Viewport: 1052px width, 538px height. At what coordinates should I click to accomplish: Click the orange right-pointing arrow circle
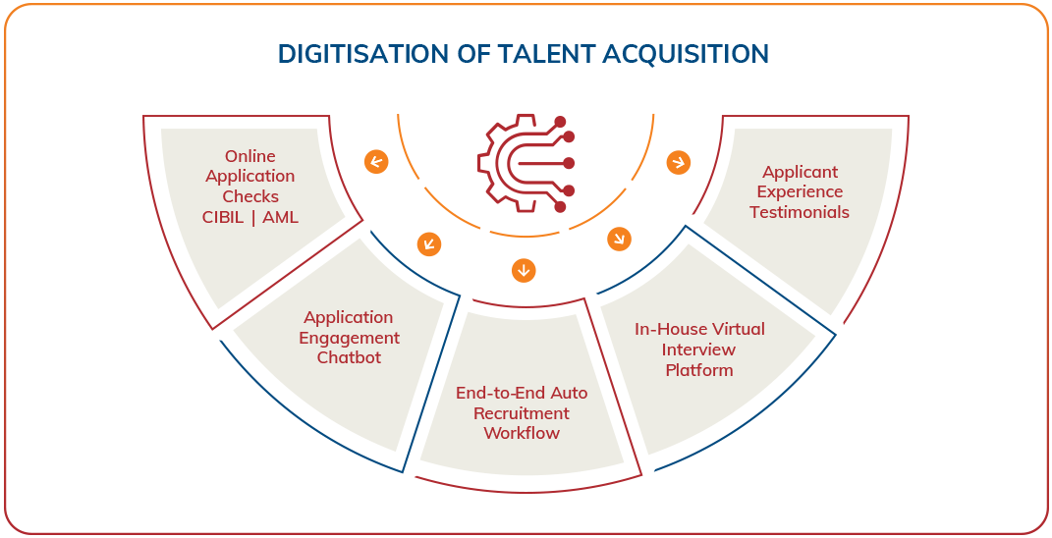pyautogui.click(x=678, y=162)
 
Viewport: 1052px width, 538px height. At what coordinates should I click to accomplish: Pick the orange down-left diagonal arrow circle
pyautogui.click(x=429, y=244)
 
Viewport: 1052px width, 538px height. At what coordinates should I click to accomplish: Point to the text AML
pyautogui.click(x=280, y=216)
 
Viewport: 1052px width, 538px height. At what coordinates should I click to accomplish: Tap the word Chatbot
pyautogui.click(x=349, y=357)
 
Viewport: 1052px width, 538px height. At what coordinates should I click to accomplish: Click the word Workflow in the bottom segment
pyautogui.click(x=522, y=433)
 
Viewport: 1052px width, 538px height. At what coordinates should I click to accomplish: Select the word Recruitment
pyautogui.click(x=522, y=413)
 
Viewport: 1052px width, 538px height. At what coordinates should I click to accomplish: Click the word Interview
pyautogui.click(x=698, y=350)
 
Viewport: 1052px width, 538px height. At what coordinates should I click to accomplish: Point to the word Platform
pyautogui.click(x=698, y=370)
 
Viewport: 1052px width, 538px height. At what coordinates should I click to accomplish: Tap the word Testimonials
pyautogui.click(x=800, y=212)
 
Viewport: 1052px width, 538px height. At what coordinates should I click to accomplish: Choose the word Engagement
pyautogui.click(x=349, y=338)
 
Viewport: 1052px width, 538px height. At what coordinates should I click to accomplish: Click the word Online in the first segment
pyautogui.click(x=250, y=156)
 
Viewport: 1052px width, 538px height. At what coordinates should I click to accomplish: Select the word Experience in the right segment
pyautogui.click(x=800, y=192)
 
